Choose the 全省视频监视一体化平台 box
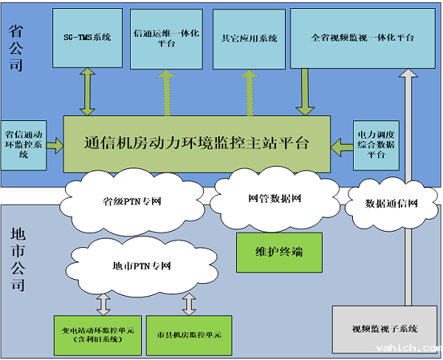(x=362, y=38)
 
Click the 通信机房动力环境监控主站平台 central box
(x=197, y=144)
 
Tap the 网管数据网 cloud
(x=274, y=198)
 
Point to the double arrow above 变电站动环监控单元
(x=103, y=302)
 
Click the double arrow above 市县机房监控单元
(x=189, y=302)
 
